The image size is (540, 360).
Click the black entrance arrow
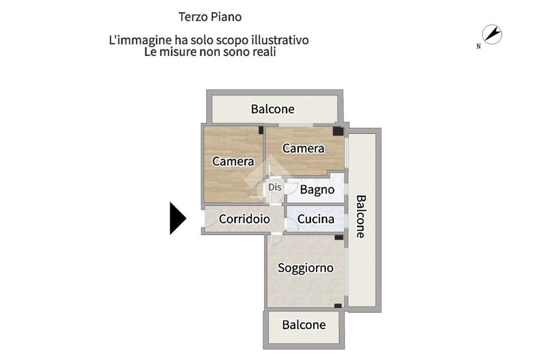click(177, 218)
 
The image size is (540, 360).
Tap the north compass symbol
click(493, 35)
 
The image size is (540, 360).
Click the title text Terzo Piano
click(210, 17)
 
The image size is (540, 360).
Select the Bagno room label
click(317, 189)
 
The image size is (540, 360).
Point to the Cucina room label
click(315, 219)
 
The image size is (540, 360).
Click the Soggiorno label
click(305, 268)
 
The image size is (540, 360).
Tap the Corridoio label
click(244, 219)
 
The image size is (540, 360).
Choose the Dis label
click(275, 187)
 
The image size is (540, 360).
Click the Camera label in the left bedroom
click(233, 161)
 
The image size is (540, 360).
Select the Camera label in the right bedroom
click(303, 148)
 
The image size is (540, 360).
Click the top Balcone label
click(273, 109)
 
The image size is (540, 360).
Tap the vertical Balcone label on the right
click(361, 217)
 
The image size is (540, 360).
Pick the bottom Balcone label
click(304, 325)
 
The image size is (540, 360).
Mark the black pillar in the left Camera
click(261, 129)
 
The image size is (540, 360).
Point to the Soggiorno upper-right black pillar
click(339, 238)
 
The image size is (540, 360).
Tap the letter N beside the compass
click(478, 46)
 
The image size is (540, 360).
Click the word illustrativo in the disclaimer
click(278, 40)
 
